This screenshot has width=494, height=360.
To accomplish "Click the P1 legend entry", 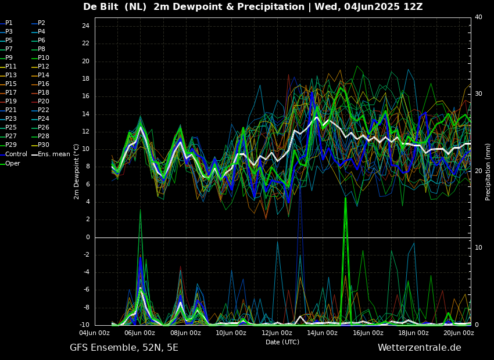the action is [x=6, y=23].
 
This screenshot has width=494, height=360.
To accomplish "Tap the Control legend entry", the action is [x=13, y=154].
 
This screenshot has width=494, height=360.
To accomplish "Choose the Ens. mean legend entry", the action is [x=51, y=154].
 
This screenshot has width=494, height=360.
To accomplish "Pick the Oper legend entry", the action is [x=10, y=163].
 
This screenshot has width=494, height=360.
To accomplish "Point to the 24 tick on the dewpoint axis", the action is [x=85, y=26].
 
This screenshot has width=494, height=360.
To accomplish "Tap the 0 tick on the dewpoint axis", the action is [x=88, y=237].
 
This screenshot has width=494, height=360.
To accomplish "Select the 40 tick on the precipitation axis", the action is [x=478, y=17].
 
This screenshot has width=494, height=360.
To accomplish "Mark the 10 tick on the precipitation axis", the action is [x=478, y=248].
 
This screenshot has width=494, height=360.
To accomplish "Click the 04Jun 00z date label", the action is [x=95, y=333].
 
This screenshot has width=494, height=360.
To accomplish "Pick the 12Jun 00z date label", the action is [x=277, y=333].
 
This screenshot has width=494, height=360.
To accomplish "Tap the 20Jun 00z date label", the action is [x=459, y=333].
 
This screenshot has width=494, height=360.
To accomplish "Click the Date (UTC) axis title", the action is [x=282, y=342].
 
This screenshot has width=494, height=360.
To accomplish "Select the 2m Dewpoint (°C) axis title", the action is [x=76, y=172].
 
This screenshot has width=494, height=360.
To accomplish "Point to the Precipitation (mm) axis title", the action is [x=488, y=172].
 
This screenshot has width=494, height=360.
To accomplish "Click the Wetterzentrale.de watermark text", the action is [x=420, y=348].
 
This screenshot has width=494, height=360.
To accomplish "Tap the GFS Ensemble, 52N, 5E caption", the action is [x=124, y=348].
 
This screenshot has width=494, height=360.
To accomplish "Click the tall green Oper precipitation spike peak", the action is [x=345, y=198].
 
